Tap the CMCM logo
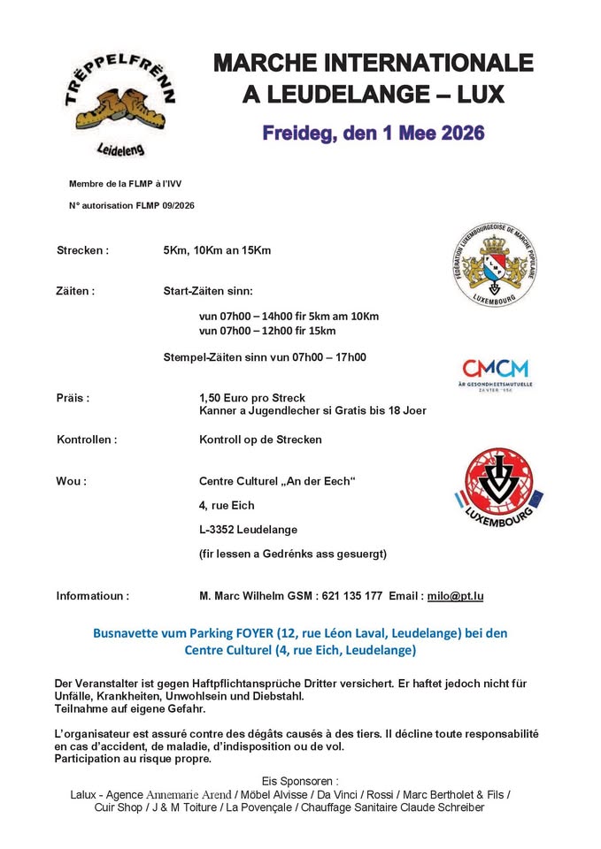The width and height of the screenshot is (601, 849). click(495, 371)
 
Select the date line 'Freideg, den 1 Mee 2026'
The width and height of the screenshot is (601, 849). click(373, 134)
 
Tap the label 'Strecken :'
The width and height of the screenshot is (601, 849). click(82, 250)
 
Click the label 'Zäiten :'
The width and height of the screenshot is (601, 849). click(75, 290)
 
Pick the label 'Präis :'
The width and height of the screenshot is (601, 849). click(73, 398)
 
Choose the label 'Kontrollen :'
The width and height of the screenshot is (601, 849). click(87, 439)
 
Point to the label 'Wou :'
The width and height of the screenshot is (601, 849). click(71, 481)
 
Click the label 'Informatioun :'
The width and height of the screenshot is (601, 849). click(92, 596)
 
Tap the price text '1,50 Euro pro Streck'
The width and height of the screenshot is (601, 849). click(255, 398)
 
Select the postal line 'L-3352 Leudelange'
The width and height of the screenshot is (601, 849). click(248, 530)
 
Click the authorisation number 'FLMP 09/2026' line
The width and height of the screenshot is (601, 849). click(131, 205)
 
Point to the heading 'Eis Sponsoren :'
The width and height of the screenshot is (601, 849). click(300, 781)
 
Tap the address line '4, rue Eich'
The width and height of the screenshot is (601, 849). click(227, 505)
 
